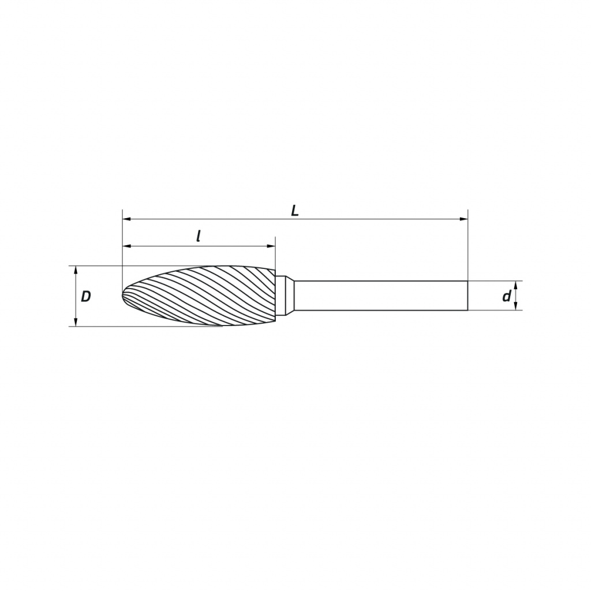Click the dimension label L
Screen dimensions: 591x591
pos(295,211)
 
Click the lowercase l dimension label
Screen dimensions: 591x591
pos(199,236)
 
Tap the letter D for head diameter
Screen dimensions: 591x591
pos(86,297)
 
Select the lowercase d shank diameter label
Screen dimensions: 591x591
pos(506,296)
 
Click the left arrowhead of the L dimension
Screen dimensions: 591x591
pos(126,219)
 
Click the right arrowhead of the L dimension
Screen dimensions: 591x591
pos(463,219)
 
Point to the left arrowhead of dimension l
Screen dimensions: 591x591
pos(126,246)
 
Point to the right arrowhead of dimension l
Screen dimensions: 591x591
pos(271,246)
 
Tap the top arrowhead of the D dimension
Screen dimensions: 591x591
pos(76,270)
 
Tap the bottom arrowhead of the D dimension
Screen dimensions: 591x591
pos(76,322)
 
